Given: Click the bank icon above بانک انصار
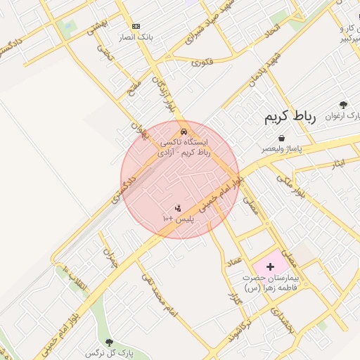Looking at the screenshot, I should (x=136, y=26).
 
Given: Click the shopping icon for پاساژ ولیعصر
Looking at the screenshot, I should (x=281, y=139).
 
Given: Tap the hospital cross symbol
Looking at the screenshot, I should (x=270, y=266).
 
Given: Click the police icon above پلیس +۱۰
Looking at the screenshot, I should (x=177, y=209).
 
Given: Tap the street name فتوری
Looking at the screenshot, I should (x=201, y=63).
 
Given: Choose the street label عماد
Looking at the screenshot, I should (x=233, y=262).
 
